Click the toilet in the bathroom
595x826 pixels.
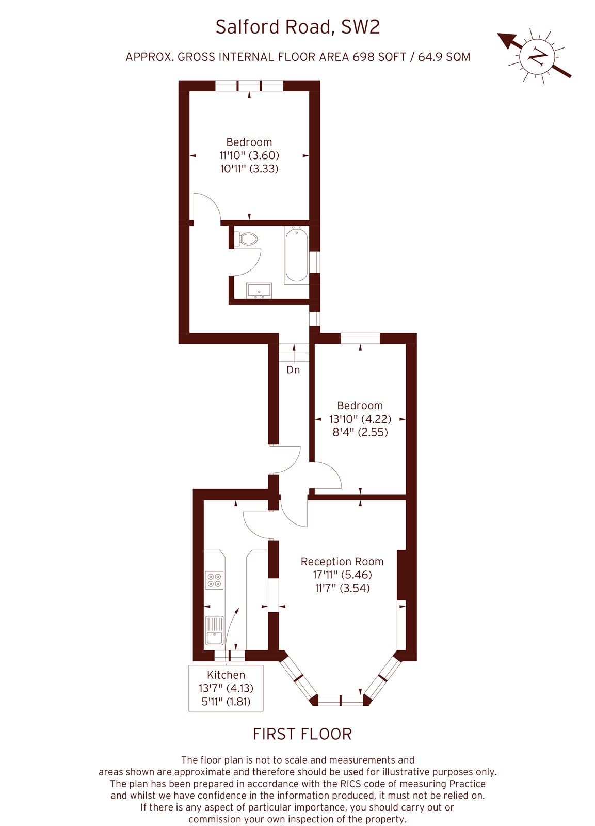tap(248, 239)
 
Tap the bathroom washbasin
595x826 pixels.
tap(259, 290)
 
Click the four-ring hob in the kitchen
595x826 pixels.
tap(215, 580)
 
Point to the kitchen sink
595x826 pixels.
tap(214, 630)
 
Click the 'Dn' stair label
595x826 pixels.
tap(293, 370)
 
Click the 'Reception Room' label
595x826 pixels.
tap(342, 561)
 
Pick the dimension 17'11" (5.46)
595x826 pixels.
tap(342, 575)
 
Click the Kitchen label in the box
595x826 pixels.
tap(226, 675)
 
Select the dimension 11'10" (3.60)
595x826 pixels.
tap(249, 155)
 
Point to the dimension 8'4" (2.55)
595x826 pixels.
tap(360, 432)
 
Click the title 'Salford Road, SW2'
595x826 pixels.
tap(297, 27)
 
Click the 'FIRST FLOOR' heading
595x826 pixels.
tap(302, 734)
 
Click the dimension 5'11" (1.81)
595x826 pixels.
tap(226, 701)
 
